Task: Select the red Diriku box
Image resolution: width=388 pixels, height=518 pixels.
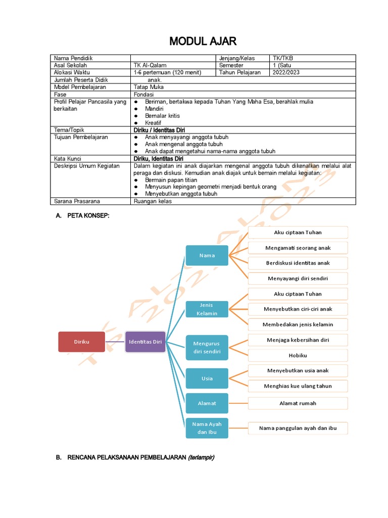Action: point(81,341)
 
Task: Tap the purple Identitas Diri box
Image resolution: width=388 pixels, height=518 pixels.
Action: point(145,341)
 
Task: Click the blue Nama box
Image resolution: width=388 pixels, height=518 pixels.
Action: point(207,255)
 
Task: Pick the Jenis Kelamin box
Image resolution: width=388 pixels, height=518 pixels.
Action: point(207,309)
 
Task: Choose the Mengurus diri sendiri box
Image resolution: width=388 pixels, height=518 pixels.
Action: point(207,347)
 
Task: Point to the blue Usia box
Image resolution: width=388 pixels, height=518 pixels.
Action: point(207,378)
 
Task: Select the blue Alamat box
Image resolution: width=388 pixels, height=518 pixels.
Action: point(207,403)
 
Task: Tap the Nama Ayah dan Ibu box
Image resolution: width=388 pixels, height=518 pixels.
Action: point(207,427)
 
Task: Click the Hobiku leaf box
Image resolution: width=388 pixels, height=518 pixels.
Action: point(298,355)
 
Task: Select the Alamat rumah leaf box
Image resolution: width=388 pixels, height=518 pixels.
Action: point(298,403)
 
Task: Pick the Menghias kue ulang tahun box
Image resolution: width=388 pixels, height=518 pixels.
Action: point(298,386)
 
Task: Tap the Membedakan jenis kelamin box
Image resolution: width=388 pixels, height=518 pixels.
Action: point(298,324)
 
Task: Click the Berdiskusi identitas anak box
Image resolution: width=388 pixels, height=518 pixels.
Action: point(298,263)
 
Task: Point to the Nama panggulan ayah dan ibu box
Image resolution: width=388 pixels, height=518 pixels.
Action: point(298,428)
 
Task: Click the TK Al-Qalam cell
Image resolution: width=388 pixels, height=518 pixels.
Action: point(150,65)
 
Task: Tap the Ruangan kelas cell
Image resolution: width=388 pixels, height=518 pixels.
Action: point(153,201)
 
